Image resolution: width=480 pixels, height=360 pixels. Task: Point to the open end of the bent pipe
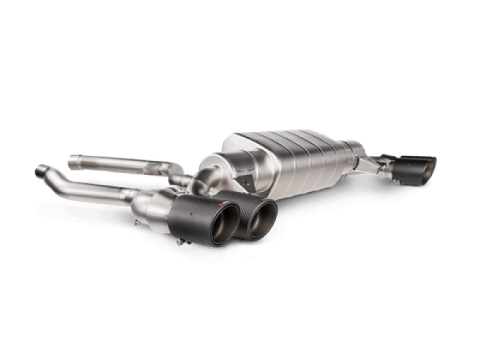tap(39, 171)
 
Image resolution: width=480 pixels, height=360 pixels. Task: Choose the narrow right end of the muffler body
tap(352, 164)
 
